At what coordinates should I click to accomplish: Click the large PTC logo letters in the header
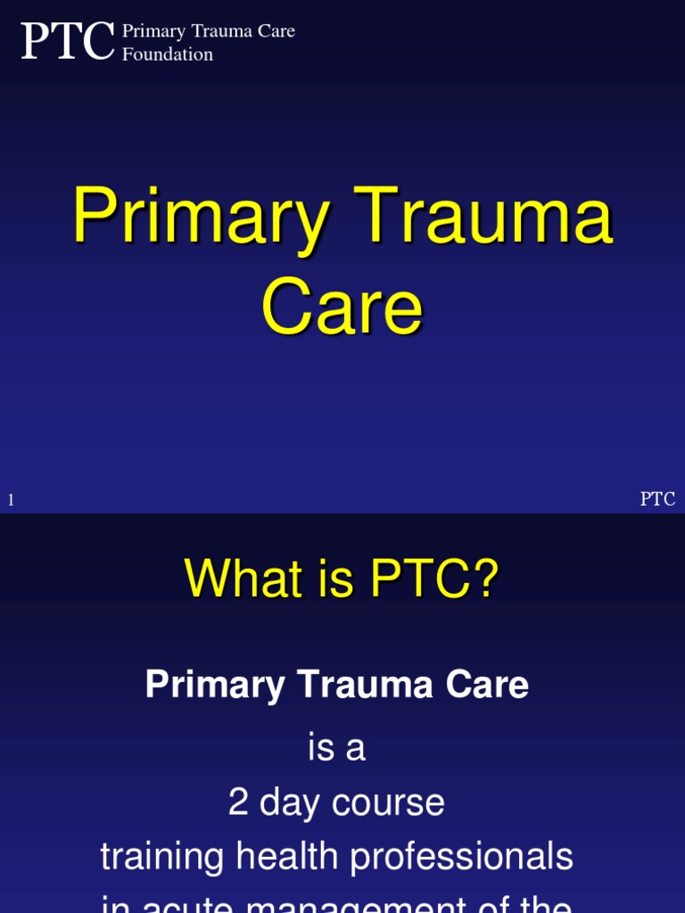(68, 41)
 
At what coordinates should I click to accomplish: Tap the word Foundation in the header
(168, 54)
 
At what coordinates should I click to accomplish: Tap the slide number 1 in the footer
(11, 500)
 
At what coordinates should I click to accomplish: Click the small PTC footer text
(657, 499)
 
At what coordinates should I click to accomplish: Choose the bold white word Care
(488, 685)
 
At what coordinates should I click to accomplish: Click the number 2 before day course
(238, 802)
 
